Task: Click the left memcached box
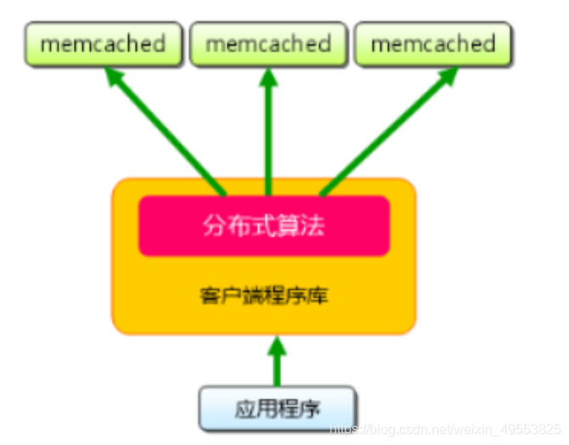pos(104,43)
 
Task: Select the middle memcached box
pos(268,43)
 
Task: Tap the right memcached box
pos(433,43)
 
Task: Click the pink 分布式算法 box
pos(264,226)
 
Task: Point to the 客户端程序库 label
pos(264,296)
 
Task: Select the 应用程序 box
pos(277,408)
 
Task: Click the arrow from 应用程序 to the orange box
pos(277,365)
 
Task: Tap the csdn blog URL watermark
pos(445,431)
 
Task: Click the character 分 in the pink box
pos(213,226)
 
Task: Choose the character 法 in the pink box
pos(315,226)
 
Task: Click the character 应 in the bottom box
pos(244,408)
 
